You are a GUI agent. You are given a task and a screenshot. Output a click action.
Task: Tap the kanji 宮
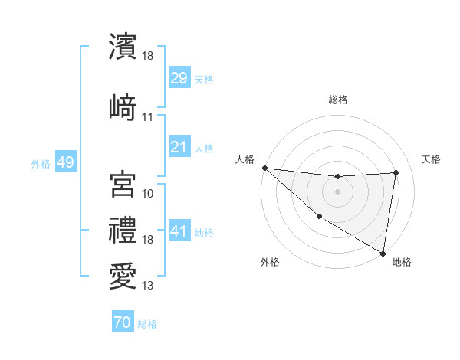123,185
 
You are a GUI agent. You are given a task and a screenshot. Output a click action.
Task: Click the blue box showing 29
179,79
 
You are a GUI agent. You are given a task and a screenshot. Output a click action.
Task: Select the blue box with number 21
179,146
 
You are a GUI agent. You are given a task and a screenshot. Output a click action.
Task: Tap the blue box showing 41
179,231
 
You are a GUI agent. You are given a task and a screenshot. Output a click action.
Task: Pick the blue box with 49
65,163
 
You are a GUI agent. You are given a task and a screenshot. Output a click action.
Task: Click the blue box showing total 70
122,323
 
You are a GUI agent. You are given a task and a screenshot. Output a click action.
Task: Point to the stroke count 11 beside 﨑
148,117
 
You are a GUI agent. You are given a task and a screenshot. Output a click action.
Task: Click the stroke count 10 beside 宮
148,194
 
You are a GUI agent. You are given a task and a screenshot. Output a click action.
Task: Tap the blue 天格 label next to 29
204,80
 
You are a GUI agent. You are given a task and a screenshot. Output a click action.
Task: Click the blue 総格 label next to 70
147,324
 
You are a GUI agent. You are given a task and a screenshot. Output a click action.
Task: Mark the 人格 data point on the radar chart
264,168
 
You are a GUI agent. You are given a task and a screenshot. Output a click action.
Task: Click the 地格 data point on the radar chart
383,253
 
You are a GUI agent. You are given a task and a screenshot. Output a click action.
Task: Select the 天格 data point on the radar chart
396,172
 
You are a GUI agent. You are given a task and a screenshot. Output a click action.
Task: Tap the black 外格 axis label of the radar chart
270,263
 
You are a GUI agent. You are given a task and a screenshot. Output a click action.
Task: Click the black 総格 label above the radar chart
337,100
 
